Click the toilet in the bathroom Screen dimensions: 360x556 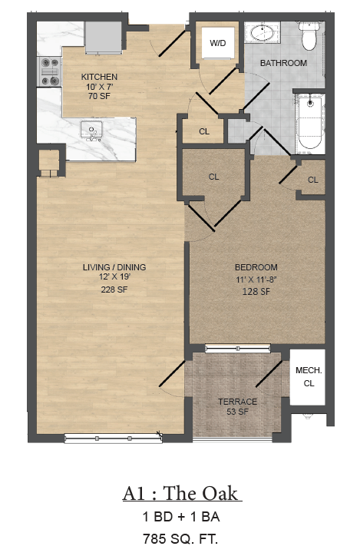(309, 36)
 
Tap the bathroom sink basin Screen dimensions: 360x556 (263, 33)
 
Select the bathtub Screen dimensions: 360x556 (310, 122)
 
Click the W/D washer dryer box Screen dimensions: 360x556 (217, 43)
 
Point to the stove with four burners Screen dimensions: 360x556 (49, 72)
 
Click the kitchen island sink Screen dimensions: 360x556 (91, 131)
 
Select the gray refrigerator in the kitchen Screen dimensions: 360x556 (103, 38)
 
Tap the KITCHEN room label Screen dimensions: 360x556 (99, 77)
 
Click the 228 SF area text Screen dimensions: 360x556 (114, 290)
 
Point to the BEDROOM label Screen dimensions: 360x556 (256, 267)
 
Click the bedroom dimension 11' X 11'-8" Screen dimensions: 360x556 (256, 280)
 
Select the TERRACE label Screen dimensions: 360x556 (237, 402)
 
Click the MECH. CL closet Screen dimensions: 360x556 (308, 377)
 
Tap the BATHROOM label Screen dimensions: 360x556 (283, 63)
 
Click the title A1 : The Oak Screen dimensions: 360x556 (182, 493)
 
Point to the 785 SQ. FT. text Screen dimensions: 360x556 (180, 538)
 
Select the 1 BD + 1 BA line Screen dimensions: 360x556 (180, 516)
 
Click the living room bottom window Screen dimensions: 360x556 (113, 439)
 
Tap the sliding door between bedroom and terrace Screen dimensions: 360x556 (238, 348)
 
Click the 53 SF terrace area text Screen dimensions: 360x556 (237, 412)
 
